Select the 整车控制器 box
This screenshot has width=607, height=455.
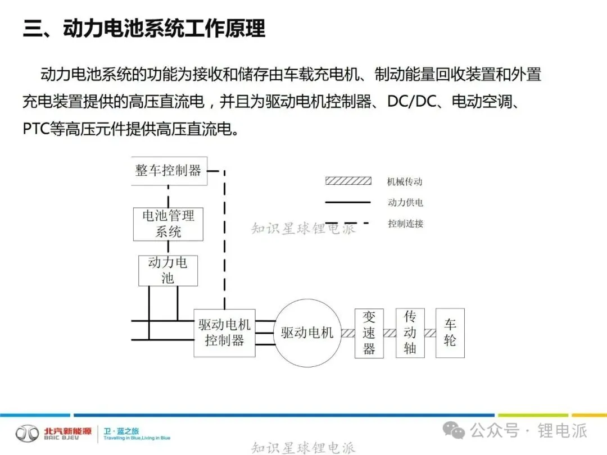point(168,170)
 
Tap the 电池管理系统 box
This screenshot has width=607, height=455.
point(168,223)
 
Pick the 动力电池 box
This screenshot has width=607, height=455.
point(167,270)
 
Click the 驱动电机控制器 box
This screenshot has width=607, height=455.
point(224,333)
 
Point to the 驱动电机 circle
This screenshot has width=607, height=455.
point(307,333)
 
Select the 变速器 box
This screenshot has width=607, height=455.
point(369,333)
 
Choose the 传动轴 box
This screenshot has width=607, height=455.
point(410,333)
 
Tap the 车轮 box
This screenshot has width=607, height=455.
point(450,333)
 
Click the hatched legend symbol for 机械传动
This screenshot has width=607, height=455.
point(348,181)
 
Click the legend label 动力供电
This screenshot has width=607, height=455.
point(405,202)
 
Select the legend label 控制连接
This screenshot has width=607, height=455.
point(405,223)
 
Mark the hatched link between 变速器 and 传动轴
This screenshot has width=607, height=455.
point(389,333)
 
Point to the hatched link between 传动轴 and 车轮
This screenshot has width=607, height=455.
point(430,333)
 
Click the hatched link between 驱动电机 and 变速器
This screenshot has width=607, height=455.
point(347,333)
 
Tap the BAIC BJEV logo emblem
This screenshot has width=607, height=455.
point(27,433)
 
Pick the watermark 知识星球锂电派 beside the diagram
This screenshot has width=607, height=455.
point(303,229)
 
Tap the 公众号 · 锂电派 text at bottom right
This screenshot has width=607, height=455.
point(528,431)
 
